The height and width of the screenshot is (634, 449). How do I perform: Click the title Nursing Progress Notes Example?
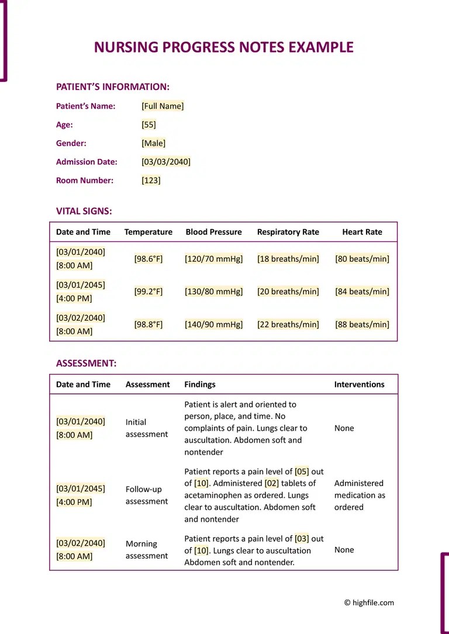(x=224, y=47)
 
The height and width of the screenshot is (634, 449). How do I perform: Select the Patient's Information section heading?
(x=112, y=87)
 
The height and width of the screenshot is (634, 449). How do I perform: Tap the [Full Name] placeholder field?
(x=163, y=106)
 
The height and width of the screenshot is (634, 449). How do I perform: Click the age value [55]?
(x=148, y=125)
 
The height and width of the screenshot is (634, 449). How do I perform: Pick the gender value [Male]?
(x=153, y=143)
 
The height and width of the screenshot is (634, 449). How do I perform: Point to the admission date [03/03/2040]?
(x=166, y=162)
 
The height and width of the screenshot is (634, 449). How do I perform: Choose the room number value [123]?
(x=151, y=181)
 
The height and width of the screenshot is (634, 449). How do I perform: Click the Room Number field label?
(x=84, y=181)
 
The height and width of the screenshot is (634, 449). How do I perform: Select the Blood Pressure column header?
(x=213, y=232)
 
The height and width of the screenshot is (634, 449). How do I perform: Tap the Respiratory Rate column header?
(x=288, y=232)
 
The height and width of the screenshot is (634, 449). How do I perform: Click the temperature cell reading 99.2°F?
(x=148, y=292)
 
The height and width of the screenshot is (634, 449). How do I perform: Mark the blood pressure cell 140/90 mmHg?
(x=213, y=324)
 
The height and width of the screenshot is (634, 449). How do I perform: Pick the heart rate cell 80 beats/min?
(x=362, y=259)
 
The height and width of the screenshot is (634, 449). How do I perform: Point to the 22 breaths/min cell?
(x=288, y=324)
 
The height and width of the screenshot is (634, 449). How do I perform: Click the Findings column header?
(x=199, y=384)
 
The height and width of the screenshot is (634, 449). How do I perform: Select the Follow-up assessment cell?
(x=146, y=496)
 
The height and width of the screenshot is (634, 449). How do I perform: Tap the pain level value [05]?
(x=302, y=472)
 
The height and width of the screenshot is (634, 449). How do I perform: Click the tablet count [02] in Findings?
(x=272, y=483)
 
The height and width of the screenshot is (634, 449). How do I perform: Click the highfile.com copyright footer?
(x=369, y=602)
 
